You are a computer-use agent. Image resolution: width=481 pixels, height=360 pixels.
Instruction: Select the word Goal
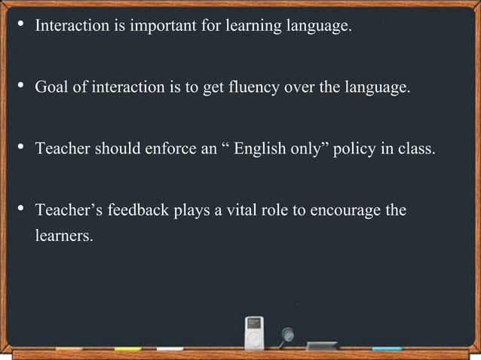[51, 87]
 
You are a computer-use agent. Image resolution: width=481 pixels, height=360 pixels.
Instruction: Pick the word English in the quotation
[260, 148]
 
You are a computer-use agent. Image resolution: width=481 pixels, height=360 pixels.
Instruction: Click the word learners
[64, 236]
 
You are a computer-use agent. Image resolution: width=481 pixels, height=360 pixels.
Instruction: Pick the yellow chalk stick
[128, 349]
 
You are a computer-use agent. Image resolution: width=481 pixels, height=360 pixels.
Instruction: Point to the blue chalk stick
[388, 349]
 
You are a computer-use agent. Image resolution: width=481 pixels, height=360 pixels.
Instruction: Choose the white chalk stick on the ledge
[170, 349]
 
